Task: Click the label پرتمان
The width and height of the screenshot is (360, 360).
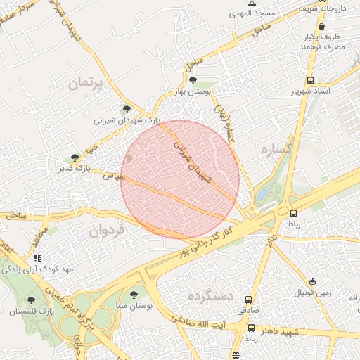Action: click(x=85, y=83)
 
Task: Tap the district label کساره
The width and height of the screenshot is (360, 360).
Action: click(x=276, y=150)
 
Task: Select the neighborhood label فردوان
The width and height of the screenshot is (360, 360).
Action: click(x=106, y=230)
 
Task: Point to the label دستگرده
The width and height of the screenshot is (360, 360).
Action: click(x=210, y=297)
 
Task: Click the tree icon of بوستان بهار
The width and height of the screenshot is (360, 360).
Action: click(x=193, y=82)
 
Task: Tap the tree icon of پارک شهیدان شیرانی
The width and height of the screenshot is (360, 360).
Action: click(x=127, y=109)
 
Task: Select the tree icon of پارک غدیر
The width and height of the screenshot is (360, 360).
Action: click(x=75, y=158)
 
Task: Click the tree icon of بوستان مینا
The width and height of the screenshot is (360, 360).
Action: click(x=134, y=295)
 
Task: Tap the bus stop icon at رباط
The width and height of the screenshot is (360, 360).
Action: click(x=293, y=213)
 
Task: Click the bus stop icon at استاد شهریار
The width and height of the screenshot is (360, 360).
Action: click(x=310, y=81)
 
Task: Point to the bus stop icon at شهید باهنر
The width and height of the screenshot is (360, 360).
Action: click(x=251, y=328)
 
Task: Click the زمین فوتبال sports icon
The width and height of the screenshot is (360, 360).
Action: click(x=313, y=281)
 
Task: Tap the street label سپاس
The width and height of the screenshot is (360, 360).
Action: click(x=105, y=175)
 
